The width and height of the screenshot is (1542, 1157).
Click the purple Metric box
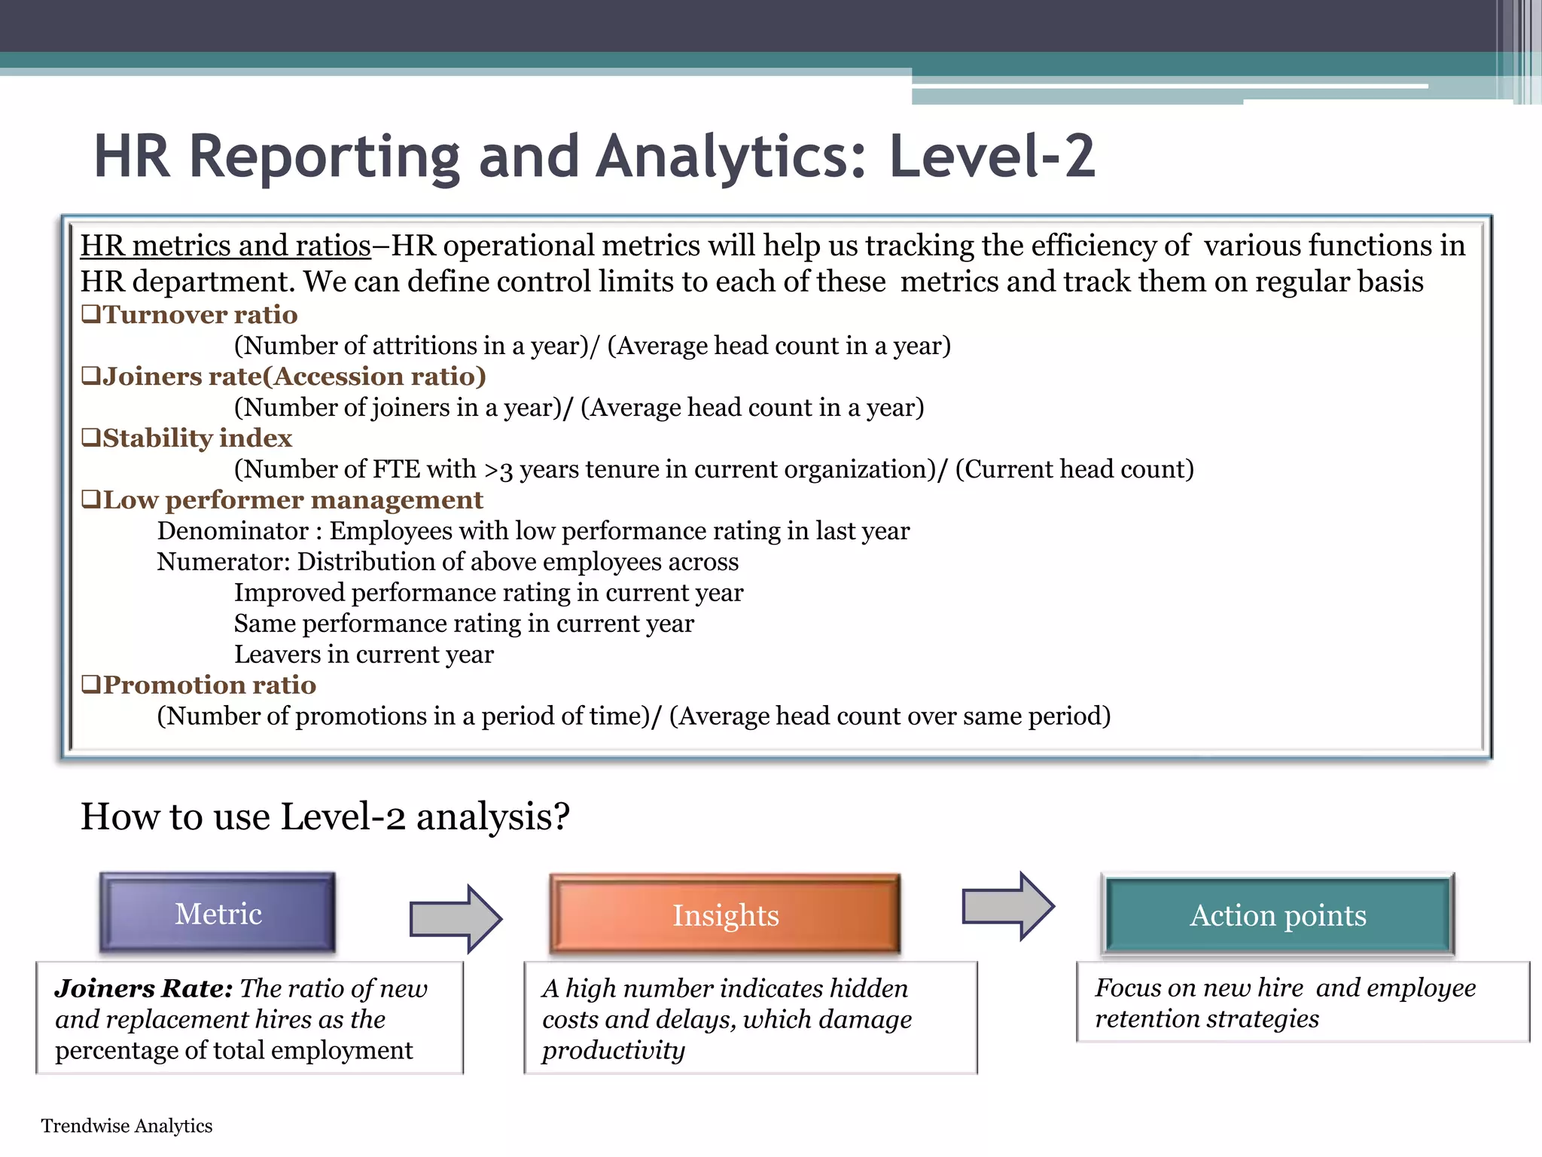pos(218,914)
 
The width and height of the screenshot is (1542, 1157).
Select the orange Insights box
pos(725,915)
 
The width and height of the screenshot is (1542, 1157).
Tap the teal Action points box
pos(1278,915)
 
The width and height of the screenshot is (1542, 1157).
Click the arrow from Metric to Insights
pos(455,919)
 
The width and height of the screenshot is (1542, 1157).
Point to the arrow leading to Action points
pos(1007,906)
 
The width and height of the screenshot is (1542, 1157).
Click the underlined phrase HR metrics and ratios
pos(225,246)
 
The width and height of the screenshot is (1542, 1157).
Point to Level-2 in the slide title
pos(992,156)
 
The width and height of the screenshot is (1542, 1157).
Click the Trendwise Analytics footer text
pos(126,1125)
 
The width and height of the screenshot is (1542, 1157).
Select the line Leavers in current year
pos(364,654)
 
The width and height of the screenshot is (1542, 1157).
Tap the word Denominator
pos(233,530)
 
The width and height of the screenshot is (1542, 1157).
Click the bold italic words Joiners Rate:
pos(143,988)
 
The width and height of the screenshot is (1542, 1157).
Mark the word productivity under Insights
pos(613,1050)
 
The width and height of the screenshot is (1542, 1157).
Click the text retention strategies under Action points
pos(1206,1018)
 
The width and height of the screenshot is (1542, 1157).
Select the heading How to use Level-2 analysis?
pos(325,817)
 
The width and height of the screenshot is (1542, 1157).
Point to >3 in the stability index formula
pos(498,469)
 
